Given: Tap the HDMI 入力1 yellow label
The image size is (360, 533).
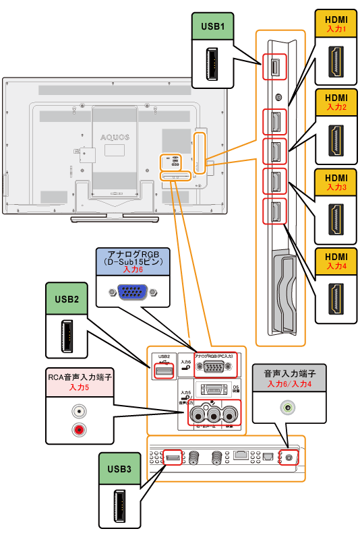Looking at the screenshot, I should [336, 25].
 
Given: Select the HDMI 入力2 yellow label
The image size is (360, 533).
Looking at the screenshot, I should [336, 102].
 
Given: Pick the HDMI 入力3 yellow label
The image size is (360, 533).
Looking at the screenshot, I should [336, 182].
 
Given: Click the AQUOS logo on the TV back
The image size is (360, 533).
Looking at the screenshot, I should [115, 137].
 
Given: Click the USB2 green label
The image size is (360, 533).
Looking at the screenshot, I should [67, 297].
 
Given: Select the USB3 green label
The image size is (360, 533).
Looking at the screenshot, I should [121, 466].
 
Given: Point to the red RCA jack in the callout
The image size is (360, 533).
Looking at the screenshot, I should [80, 429].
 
